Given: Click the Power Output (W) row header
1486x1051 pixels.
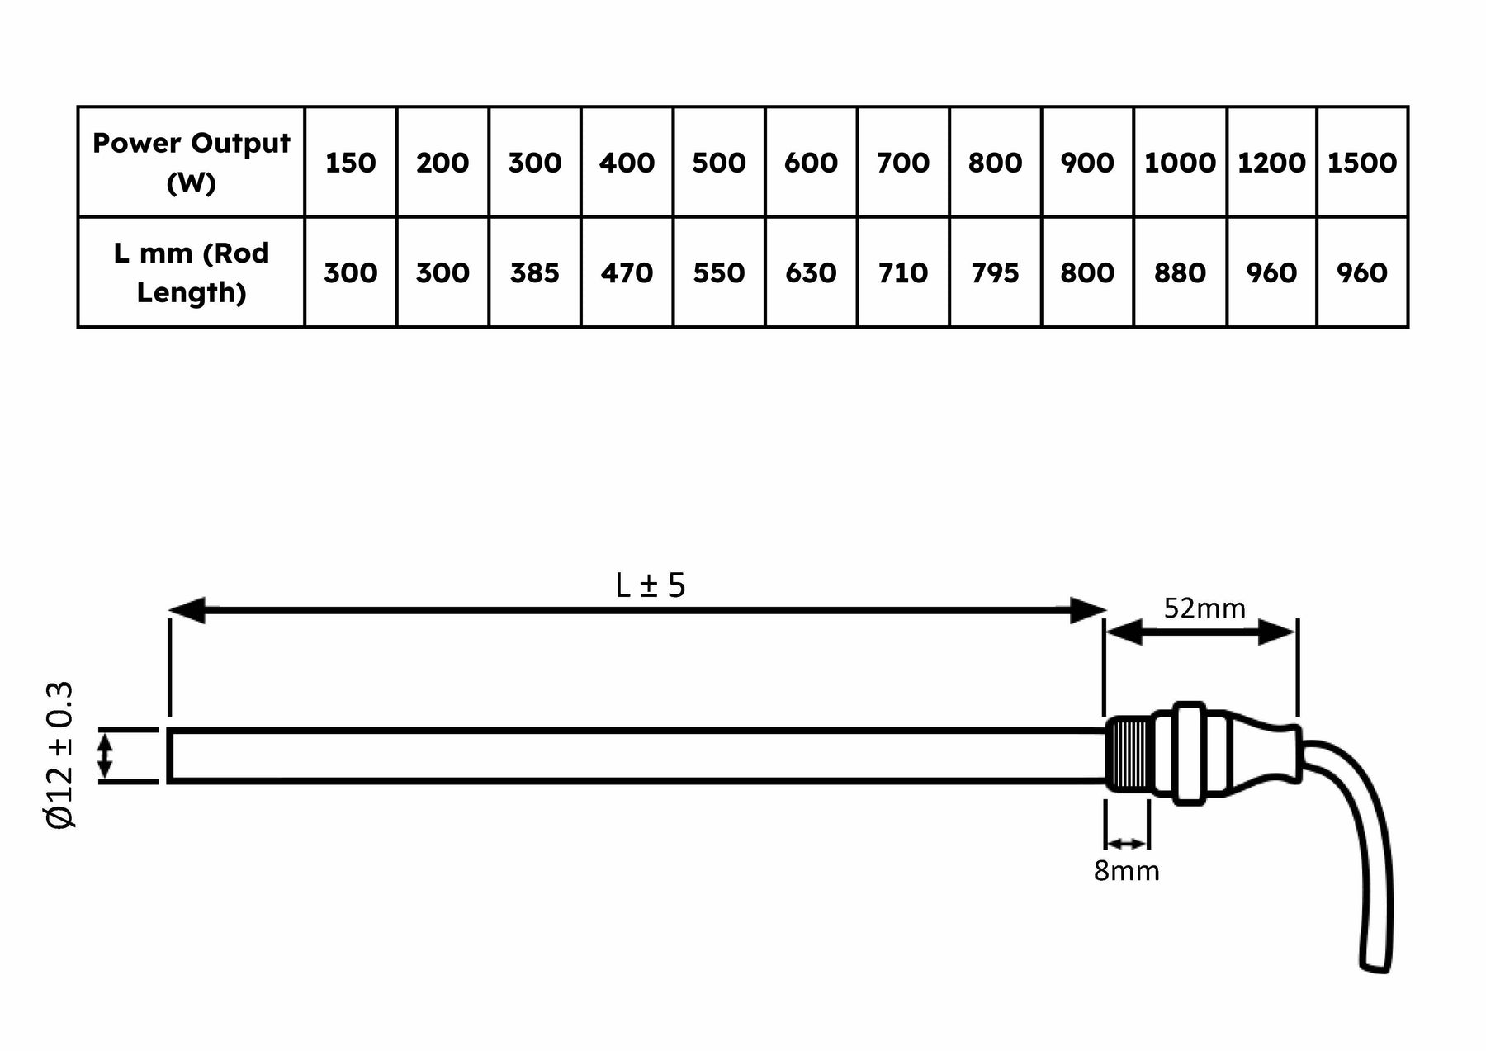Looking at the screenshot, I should pyautogui.click(x=191, y=162).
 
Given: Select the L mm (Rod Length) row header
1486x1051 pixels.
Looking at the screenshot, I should pyautogui.click(x=191, y=272).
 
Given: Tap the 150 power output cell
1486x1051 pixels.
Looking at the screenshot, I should pyautogui.click(x=350, y=162).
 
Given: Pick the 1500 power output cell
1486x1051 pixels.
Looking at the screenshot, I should pyautogui.click(x=1361, y=162).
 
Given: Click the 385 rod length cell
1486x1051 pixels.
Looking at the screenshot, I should pyautogui.click(x=534, y=272).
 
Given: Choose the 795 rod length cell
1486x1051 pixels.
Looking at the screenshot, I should pyautogui.click(x=995, y=272).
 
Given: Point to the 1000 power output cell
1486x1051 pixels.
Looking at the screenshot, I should pyautogui.click(x=1180, y=162).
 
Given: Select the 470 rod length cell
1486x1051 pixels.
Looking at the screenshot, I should pyautogui.click(x=627, y=272).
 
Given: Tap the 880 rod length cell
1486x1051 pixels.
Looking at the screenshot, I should pyautogui.click(x=1180, y=272).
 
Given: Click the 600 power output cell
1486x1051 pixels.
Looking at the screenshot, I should pyautogui.click(x=811, y=162).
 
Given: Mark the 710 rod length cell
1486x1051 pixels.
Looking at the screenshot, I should pyautogui.click(x=903, y=272).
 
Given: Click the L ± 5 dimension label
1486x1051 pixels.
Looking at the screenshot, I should pyautogui.click(x=651, y=585).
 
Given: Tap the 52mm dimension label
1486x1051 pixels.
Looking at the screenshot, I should pyautogui.click(x=1204, y=608).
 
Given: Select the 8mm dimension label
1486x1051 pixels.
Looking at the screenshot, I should pyautogui.click(x=1126, y=871).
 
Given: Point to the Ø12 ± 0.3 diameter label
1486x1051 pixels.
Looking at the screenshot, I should pyautogui.click(x=60, y=755).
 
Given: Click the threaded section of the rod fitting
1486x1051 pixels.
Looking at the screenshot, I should pyautogui.click(x=1129, y=755).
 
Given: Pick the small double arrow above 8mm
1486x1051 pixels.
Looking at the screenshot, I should pyautogui.click(x=1127, y=844).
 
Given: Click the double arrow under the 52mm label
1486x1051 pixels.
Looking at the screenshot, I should pyautogui.click(x=1200, y=633).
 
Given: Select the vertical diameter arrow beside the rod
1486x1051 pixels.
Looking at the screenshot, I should pyautogui.click(x=105, y=756).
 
